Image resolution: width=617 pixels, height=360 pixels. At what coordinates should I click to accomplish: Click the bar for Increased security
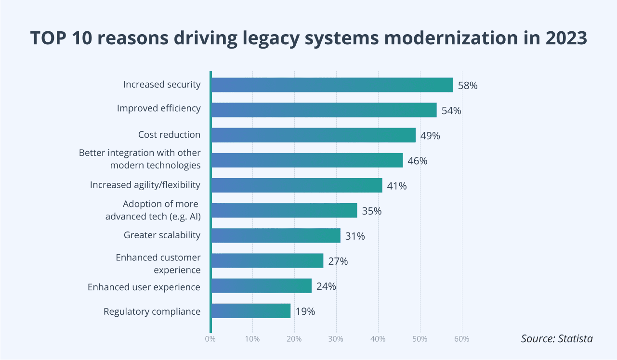pyautogui.click(x=332, y=85)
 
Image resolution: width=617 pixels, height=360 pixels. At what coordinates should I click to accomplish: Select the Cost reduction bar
pyautogui.click(x=313, y=135)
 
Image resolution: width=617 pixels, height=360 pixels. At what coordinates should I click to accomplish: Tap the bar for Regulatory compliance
pyautogui.click(x=250, y=311)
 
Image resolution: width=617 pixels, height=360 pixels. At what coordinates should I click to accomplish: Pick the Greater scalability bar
pyautogui.click(x=276, y=236)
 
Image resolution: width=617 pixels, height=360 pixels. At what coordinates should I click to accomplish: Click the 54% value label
pyautogui.click(x=451, y=111)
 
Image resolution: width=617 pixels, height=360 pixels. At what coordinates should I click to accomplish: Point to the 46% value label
pyautogui.click(x=417, y=161)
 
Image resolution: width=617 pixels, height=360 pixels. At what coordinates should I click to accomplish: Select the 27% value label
pyautogui.click(x=338, y=261)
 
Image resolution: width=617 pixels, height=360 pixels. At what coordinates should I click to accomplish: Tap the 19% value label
pyautogui.click(x=305, y=311)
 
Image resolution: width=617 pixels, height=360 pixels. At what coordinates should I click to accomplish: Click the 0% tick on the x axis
pyautogui.click(x=210, y=339)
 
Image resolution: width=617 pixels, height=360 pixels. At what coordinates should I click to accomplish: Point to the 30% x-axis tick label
pyautogui.click(x=336, y=339)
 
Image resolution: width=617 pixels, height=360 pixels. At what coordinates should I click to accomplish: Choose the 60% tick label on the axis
pyautogui.click(x=461, y=339)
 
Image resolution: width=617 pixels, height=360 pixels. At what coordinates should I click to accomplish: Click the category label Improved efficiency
pyautogui.click(x=158, y=108)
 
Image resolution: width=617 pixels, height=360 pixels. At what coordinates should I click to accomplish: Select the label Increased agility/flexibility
pyautogui.click(x=145, y=185)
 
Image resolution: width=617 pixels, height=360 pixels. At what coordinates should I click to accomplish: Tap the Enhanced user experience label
pyautogui.click(x=144, y=287)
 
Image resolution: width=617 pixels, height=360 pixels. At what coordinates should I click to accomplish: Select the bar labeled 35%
pyautogui.click(x=284, y=211)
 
